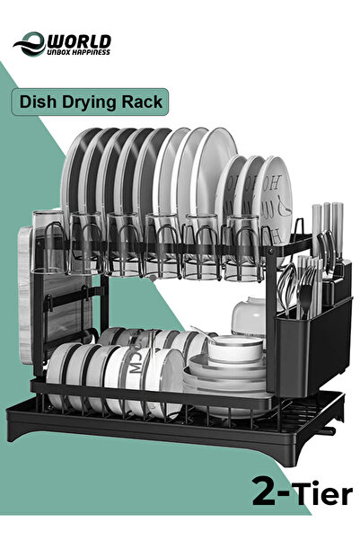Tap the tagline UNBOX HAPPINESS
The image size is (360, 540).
(78, 52)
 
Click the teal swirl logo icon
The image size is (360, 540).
(30, 44)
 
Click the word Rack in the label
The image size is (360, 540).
(142, 102)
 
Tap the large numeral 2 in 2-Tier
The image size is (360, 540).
(264, 491)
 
